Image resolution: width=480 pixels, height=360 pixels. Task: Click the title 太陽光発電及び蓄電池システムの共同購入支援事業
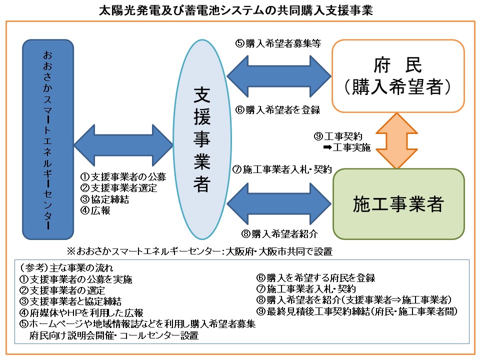click(240, 10)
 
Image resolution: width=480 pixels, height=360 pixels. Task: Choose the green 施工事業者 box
click(398, 204)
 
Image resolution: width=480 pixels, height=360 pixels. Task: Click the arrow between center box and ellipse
click(123, 146)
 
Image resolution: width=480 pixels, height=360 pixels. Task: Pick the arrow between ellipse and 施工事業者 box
click(278, 203)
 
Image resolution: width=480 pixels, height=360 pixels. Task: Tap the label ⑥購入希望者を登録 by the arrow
click(278, 109)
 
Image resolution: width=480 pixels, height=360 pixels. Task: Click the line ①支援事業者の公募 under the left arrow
click(123, 177)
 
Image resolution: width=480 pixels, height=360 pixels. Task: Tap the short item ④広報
click(95, 210)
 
